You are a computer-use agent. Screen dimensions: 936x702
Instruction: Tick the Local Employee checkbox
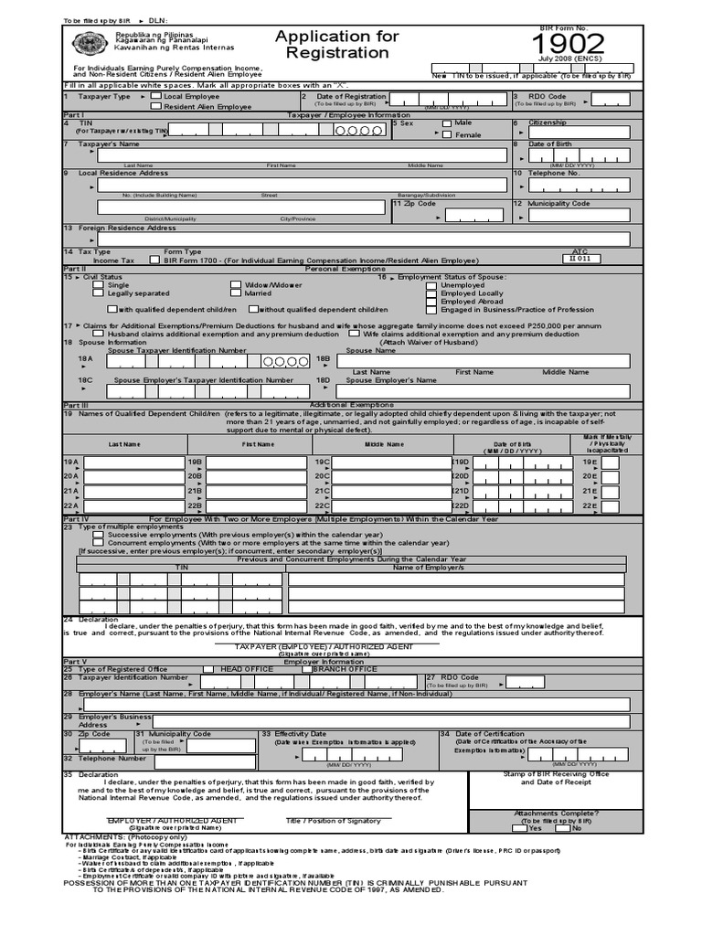(156, 95)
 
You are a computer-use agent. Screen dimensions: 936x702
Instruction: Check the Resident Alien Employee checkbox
(156, 106)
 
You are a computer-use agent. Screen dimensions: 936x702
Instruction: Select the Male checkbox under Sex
(447, 122)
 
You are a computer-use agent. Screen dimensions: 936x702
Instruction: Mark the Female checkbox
(447, 134)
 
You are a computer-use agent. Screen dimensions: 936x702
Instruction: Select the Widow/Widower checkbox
(236, 284)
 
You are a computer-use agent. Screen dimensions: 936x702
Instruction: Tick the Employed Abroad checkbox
(431, 301)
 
